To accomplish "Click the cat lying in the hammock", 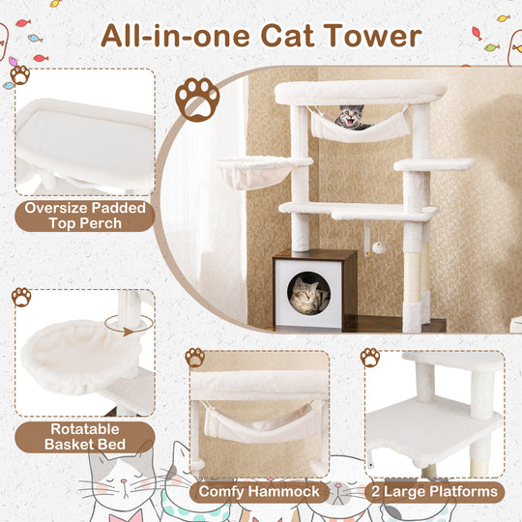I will (x=351, y=119).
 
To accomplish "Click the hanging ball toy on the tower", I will (x=379, y=247).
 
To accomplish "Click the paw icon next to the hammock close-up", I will (x=195, y=357).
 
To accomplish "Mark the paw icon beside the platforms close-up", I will (x=369, y=357).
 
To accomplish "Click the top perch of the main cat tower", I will (x=360, y=92).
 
